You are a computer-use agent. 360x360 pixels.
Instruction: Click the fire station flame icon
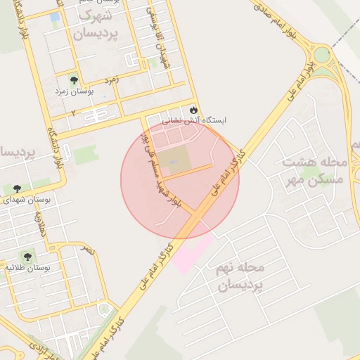193,110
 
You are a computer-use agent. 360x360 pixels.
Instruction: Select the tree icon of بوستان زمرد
75,79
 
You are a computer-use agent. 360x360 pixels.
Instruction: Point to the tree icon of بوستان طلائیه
27,257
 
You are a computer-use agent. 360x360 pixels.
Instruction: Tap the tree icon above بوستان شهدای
17,188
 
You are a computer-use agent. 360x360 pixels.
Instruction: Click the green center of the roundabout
322,54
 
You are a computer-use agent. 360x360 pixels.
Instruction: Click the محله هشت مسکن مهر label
314,171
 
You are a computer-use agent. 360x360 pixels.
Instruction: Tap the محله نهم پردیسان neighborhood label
241,276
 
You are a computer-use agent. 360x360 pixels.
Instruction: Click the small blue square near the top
55,16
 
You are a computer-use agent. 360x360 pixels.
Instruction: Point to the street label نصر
87,250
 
